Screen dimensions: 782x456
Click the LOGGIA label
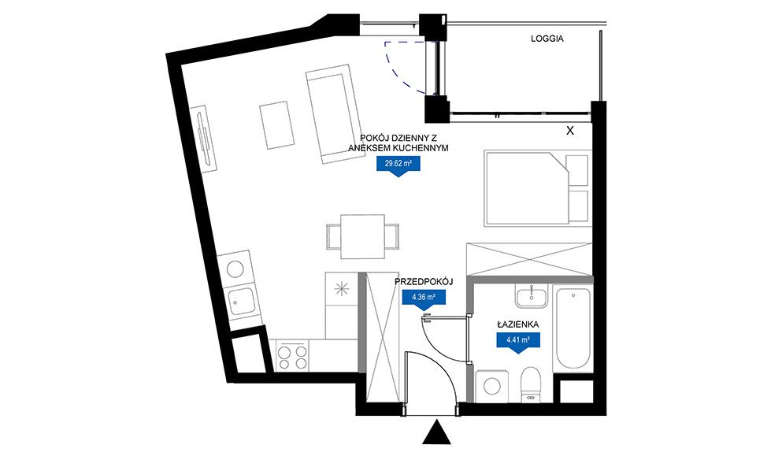[x=547, y=39]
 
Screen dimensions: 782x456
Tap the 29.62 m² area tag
[x=398, y=165]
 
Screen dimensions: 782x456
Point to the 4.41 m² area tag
[x=517, y=343]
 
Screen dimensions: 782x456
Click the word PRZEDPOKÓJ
[x=424, y=282]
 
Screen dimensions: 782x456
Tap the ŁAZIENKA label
[x=517, y=324]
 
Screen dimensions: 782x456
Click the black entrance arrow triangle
[x=437, y=432]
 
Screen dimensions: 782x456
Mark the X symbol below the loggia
[x=570, y=131]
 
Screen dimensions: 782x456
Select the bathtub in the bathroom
[x=573, y=328]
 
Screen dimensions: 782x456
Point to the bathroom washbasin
[x=532, y=296]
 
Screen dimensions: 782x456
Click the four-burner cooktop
[x=292, y=356]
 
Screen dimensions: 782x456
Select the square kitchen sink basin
[x=242, y=301]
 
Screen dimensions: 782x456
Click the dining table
[x=362, y=236]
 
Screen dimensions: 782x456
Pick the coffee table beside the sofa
[x=276, y=125]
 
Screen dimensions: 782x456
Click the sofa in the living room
[x=333, y=113]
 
